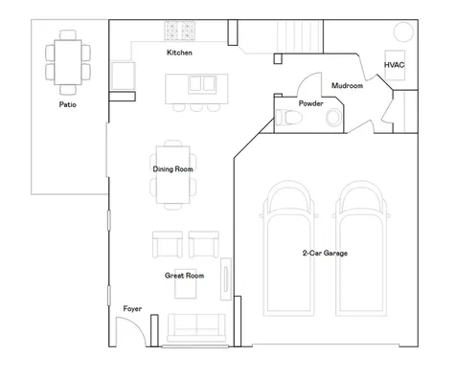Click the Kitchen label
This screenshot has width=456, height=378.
coord(179,53)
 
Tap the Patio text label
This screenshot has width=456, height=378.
coord(68,104)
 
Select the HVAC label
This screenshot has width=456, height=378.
coord(394,65)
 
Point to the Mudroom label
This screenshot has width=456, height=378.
coord(347,85)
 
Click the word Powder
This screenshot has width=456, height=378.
coord(310,103)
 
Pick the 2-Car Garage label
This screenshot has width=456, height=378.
coord(325,253)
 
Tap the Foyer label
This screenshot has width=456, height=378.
coord(132,308)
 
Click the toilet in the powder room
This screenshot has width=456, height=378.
coord(288,118)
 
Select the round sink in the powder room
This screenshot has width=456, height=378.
coord(333,117)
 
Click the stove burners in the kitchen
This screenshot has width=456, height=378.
coord(179,31)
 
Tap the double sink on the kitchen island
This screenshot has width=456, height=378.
coord(202,84)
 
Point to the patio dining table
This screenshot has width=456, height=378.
coord(68,62)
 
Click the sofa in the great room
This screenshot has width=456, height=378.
coord(196,327)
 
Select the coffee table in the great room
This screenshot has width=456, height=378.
coord(185,283)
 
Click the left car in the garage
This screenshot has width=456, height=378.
coord(288,249)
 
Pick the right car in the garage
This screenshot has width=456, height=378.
coord(361,249)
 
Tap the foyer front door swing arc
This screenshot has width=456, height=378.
coord(136,323)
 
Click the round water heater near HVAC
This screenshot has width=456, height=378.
coord(403,32)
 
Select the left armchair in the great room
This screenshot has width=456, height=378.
coord(168,244)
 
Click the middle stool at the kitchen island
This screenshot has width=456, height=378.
coord(196,108)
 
